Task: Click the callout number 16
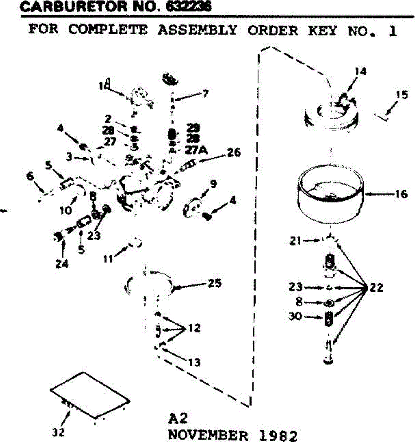click(401, 194)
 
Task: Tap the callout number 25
click(214, 283)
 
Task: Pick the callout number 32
click(58, 431)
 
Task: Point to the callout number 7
click(204, 93)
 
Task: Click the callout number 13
click(194, 362)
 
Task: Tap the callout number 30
click(295, 316)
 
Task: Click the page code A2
click(178, 419)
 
